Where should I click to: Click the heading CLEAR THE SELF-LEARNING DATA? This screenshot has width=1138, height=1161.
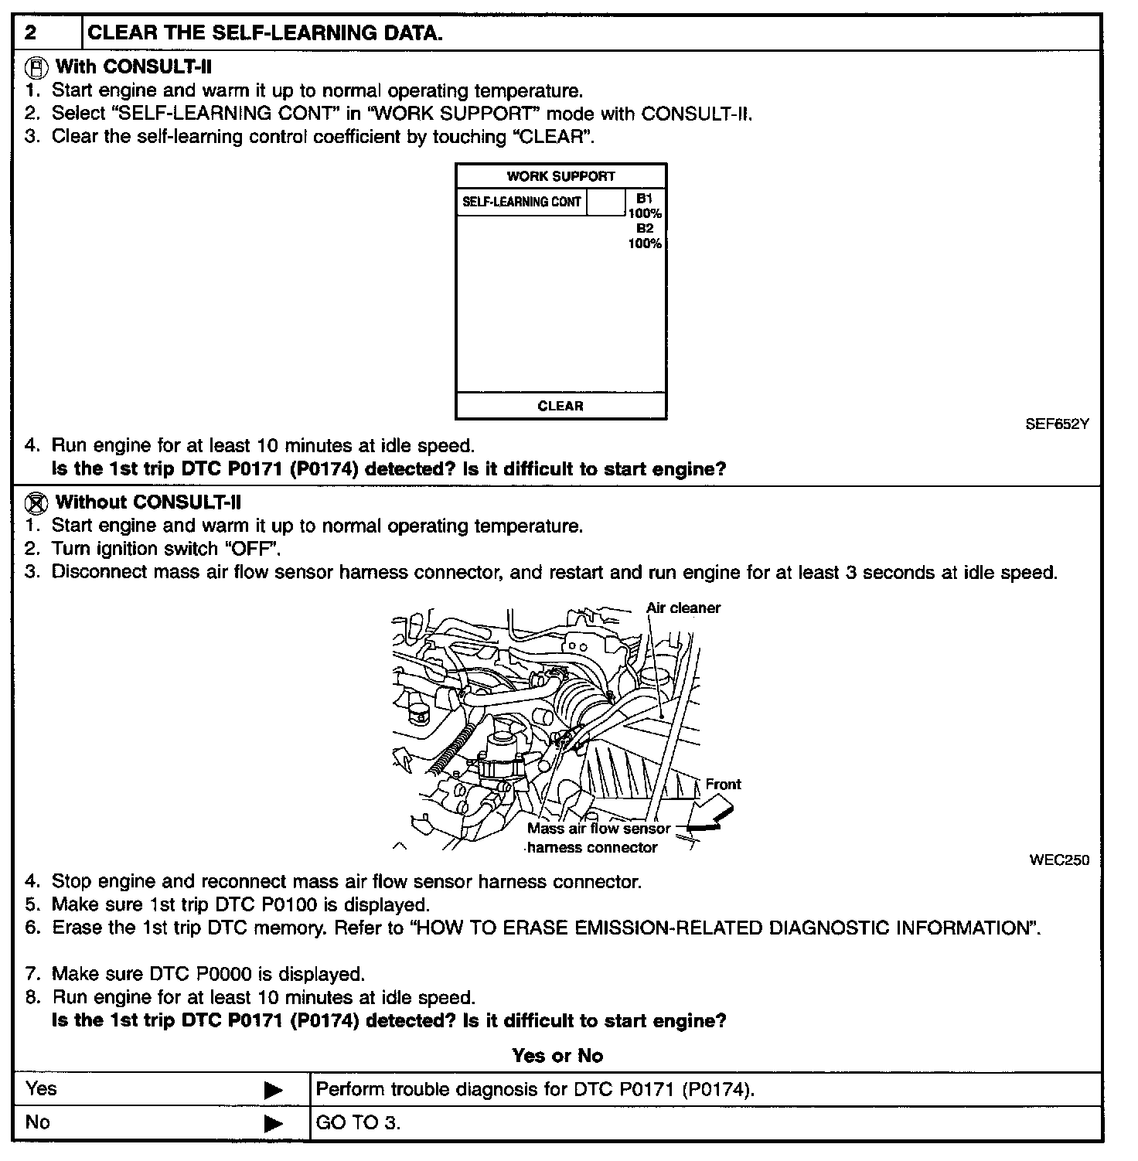[265, 33]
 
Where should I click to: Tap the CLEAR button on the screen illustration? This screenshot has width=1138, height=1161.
[560, 406]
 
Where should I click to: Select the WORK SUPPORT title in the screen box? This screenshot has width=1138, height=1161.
[560, 176]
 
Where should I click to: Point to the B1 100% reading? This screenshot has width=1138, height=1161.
[644, 206]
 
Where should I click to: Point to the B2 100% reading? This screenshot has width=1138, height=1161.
[644, 236]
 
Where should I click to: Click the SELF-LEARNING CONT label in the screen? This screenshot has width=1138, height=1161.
[521, 202]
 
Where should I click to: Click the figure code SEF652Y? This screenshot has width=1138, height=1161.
[1057, 424]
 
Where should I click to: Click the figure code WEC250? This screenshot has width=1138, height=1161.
[1059, 860]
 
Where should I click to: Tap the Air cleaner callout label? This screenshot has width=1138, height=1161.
[683, 608]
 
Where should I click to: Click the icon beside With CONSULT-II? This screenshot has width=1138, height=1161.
[36, 67]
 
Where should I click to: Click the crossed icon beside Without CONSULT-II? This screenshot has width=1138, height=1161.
[36, 503]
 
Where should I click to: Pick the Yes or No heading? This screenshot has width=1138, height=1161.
[557, 1056]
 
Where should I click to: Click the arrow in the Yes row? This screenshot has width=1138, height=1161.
[274, 1090]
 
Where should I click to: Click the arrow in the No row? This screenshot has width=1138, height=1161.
[274, 1123]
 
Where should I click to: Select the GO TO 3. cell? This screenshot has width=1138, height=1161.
[359, 1123]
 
